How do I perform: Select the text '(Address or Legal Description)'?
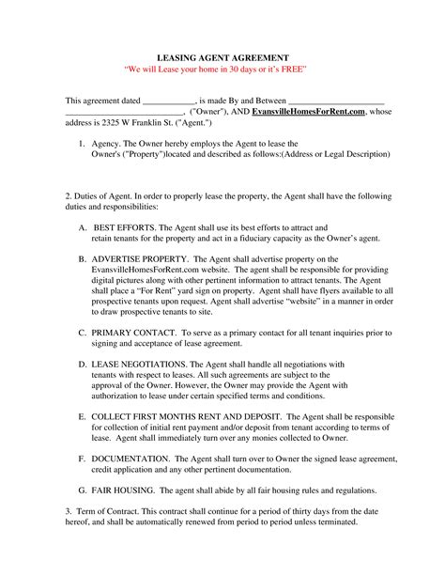(335, 156)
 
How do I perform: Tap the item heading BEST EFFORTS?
(123, 227)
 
